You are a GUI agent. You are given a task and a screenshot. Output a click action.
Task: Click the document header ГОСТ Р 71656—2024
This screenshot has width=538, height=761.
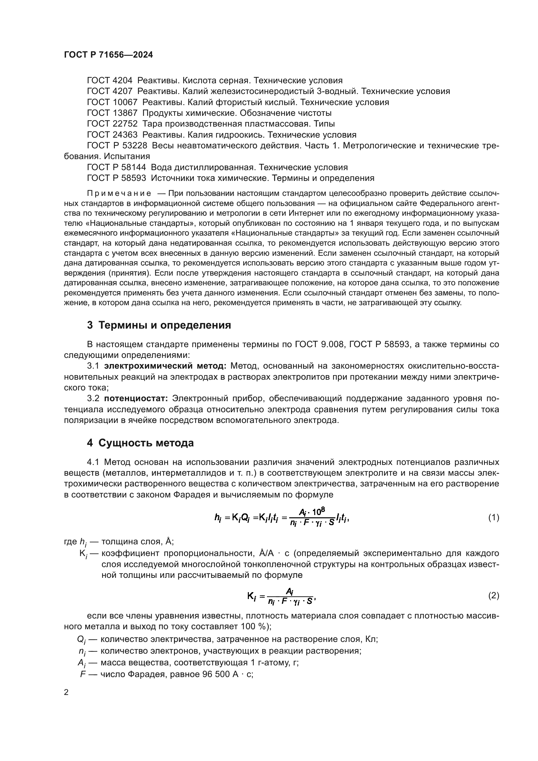click(108, 55)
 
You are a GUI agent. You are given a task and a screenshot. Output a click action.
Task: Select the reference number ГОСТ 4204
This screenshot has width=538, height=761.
click(109, 81)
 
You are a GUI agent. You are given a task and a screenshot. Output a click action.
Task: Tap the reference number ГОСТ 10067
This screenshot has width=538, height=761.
click(112, 102)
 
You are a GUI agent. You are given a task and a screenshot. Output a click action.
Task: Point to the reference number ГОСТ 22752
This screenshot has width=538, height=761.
click(112, 124)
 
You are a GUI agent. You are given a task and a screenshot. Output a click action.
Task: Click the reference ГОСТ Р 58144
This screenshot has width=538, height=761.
click(116, 167)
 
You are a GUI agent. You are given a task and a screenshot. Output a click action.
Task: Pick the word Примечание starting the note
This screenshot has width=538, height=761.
click(119, 194)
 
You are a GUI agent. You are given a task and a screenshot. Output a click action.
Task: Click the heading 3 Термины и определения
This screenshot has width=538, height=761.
click(159, 325)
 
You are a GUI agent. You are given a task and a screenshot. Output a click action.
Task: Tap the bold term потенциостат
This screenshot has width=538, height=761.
click(136, 399)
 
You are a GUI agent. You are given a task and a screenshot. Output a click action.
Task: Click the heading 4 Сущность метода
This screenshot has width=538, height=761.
click(141, 443)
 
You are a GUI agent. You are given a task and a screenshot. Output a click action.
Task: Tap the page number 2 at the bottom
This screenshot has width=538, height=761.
click(66, 692)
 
